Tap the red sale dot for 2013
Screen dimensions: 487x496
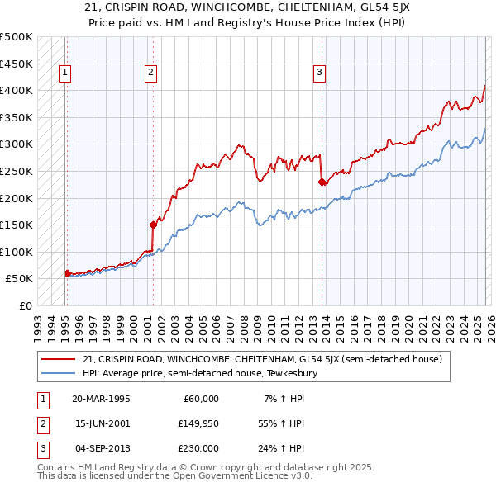[x=322, y=182]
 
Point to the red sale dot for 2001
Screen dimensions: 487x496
[x=153, y=224]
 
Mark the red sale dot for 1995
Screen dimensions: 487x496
[x=67, y=272]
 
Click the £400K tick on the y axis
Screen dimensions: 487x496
[x=17, y=90]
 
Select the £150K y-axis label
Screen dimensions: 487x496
[x=17, y=225]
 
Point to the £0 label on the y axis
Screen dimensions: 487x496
[x=26, y=305]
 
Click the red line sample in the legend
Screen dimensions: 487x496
[x=59, y=359]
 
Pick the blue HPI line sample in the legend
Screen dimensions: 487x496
[x=59, y=373]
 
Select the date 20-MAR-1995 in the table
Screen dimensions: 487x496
[x=101, y=399]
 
